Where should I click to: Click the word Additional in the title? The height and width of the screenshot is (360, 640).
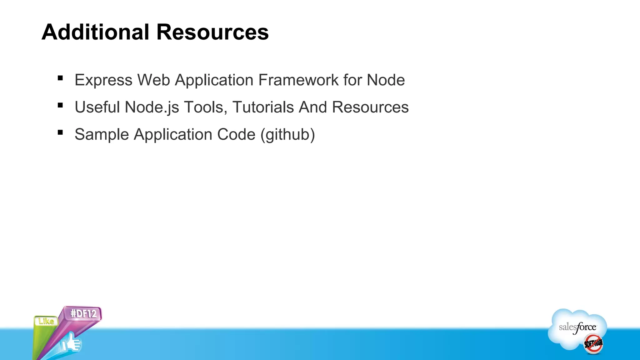95,32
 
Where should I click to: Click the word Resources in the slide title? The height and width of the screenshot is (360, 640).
212,32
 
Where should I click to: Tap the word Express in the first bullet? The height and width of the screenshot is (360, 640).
103,80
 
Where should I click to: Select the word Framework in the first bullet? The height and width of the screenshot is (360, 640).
298,80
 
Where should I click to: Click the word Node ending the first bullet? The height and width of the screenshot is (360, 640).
386,80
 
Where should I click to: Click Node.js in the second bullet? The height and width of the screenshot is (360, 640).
152,107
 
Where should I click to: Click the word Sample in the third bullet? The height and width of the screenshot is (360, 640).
102,134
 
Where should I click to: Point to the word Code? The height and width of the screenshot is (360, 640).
236,134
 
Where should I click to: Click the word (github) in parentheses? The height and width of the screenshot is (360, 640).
287,134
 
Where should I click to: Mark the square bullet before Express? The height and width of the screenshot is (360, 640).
60,78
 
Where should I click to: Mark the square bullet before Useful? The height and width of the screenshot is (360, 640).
60,105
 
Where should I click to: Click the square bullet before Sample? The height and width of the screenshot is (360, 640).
60,132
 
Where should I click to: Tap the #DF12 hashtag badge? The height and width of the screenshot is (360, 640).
83,313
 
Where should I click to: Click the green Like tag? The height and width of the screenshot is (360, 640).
46,321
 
